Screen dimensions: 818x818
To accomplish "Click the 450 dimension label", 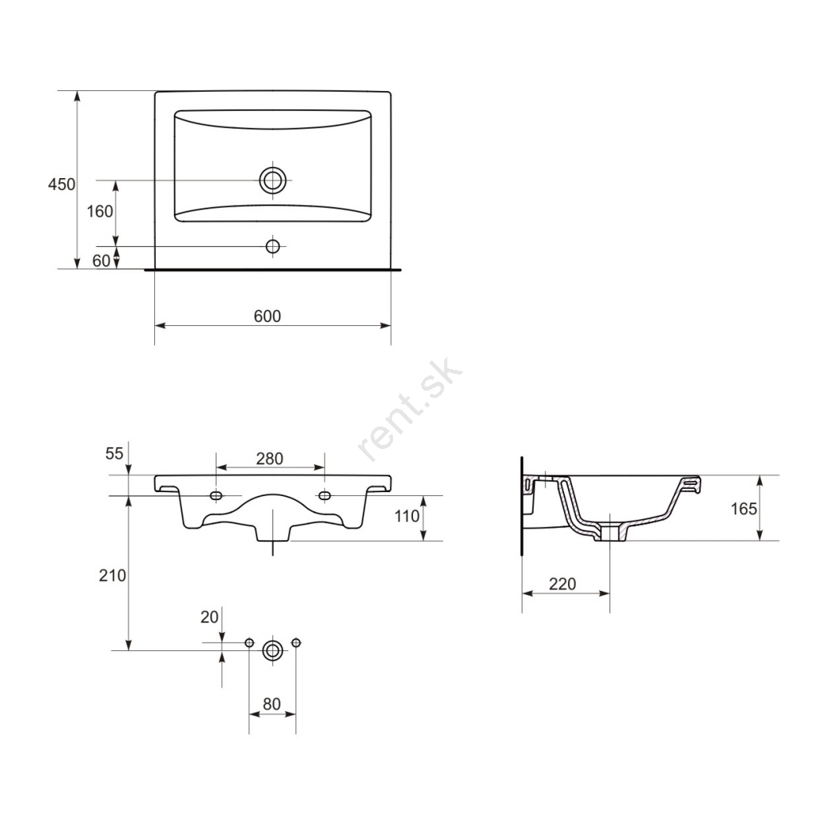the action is pyautogui.click(x=62, y=185).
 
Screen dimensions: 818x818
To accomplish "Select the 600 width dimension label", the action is pyautogui.click(x=267, y=316).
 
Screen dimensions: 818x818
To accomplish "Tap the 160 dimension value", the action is pyautogui.click(x=100, y=211).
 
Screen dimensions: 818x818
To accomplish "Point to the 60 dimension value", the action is pyautogui.click(x=101, y=260).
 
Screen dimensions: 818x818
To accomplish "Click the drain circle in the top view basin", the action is pyautogui.click(x=273, y=181).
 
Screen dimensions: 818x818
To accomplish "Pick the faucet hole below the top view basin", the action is pyautogui.click(x=273, y=246).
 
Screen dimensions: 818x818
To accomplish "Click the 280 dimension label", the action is pyautogui.click(x=270, y=459).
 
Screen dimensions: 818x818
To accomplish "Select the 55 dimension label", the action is pyautogui.click(x=114, y=454).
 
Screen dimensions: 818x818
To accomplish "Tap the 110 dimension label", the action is pyautogui.click(x=407, y=516).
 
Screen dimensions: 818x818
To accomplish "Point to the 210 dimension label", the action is pyautogui.click(x=113, y=575).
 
